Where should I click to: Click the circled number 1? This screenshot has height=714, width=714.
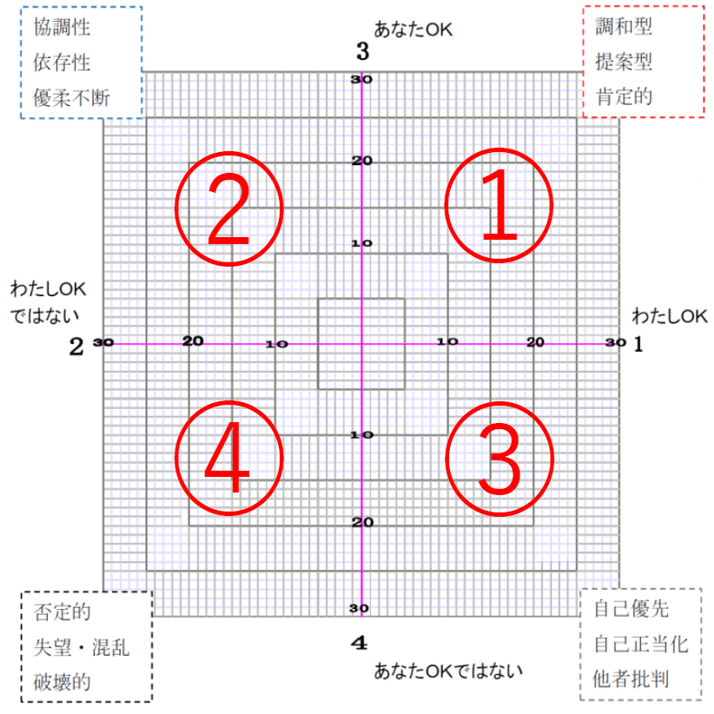click(499, 204)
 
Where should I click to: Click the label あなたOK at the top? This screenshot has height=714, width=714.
click(413, 29)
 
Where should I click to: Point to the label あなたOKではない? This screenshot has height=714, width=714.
click(449, 670)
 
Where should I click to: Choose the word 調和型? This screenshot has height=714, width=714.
click(624, 27)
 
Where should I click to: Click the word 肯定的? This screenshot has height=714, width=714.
click(624, 96)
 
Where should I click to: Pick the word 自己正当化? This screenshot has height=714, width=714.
click(641, 645)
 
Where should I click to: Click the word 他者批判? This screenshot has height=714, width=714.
click(631, 678)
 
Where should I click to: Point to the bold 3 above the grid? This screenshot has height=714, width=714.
click(363, 52)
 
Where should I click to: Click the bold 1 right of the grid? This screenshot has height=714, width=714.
click(638, 345)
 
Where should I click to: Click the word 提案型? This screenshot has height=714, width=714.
click(624, 62)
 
